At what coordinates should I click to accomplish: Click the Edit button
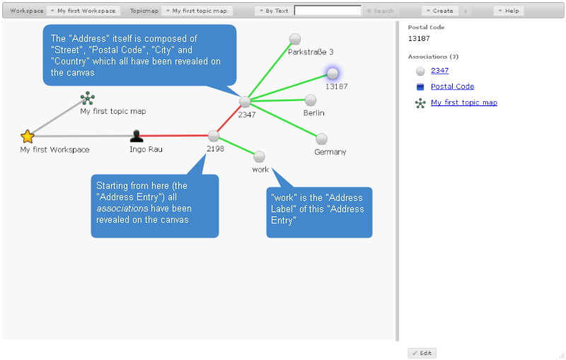pos(422,353)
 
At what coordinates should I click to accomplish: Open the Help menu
pos(509,11)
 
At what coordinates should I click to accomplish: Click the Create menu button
pos(439,11)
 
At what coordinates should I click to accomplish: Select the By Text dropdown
pos(273,11)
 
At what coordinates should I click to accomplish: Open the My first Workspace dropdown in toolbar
pos(84,11)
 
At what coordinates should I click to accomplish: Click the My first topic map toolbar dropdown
pos(196,11)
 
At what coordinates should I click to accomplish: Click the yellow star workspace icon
pos(28,136)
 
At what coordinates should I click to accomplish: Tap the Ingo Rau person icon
pos(137,136)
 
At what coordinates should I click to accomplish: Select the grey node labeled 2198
pos(214,136)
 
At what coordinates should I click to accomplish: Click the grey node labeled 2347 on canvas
pos(245,101)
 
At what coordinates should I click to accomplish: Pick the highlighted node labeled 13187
pos(333,74)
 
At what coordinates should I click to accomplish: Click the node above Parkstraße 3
pos(295,39)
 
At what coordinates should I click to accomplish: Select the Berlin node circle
pos(310,100)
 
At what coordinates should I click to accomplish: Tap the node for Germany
pos(321,139)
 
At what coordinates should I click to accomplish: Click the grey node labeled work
pos(259,156)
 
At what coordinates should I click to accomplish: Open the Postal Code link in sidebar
pos(452,86)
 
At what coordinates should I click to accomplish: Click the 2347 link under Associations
pos(439,71)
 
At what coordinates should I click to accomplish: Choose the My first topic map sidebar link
pos(463,103)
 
